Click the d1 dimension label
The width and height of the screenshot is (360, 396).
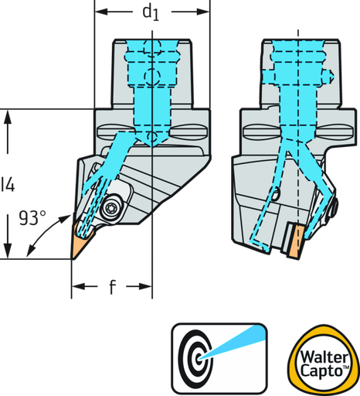point(151,13)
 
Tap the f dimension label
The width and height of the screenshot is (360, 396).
point(112,287)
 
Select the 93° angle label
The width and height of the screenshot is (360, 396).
point(32,218)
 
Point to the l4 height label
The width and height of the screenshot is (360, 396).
point(8,184)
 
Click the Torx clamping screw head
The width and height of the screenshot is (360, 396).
point(111,207)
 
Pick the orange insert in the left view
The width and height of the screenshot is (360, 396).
point(80,240)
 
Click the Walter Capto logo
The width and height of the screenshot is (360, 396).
point(324,361)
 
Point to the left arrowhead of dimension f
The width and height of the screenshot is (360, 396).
point(78,286)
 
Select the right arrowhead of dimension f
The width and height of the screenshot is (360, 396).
point(145,286)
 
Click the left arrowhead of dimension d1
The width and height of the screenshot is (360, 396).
point(101,12)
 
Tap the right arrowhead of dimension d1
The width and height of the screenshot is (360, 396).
point(203,12)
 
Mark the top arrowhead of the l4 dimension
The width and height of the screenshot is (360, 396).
point(8,117)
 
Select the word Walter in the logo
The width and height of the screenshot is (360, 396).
point(324,357)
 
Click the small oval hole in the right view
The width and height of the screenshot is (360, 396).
point(275,193)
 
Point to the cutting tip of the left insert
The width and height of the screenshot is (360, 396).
point(73,258)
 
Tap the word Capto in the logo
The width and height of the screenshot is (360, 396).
point(321,371)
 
